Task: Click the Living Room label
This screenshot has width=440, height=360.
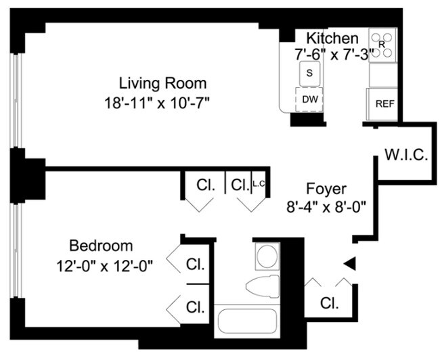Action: (162, 84)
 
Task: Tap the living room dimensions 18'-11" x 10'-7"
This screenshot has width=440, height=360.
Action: (162, 104)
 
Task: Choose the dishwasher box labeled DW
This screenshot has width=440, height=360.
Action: (309, 99)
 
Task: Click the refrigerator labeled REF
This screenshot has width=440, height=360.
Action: (384, 104)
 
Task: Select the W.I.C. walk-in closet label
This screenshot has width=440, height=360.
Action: (405, 155)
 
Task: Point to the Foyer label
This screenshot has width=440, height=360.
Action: (326, 189)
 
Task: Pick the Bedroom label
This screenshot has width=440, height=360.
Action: (102, 246)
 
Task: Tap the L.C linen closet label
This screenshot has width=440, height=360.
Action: (259, 183)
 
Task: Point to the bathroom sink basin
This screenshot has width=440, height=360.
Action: (265, 257)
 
